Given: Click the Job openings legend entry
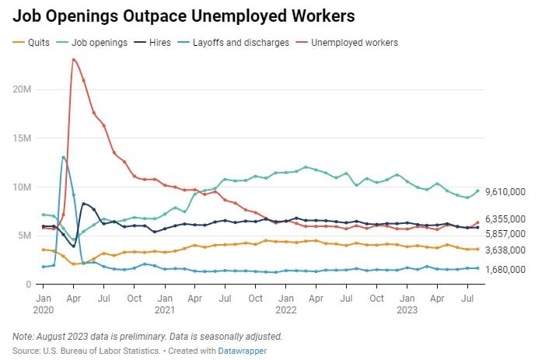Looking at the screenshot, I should click(100, 42).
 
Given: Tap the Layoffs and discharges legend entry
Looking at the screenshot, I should click(240, 42).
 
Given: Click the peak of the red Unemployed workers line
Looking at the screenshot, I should click(73, 59).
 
